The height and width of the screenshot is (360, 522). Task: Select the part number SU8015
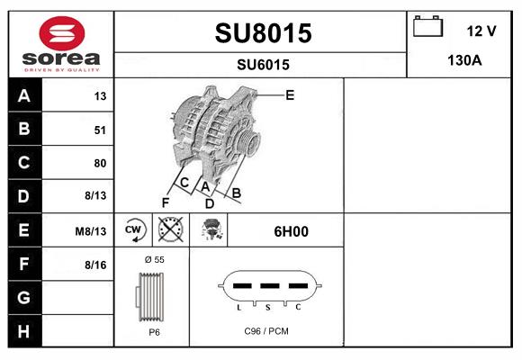[x=262, y=34]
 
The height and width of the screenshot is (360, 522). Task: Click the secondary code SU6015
[x=262, y=64]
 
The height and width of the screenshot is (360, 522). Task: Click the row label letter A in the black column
[x=23, y=96]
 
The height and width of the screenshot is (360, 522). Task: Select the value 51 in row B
[x=100, y=130]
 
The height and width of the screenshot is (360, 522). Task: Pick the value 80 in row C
[x=100, y=163]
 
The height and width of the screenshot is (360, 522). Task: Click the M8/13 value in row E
[x=92, y=231]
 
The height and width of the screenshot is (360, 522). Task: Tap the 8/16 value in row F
[x=95, y=265]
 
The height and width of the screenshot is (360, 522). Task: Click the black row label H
[x=23, y=331]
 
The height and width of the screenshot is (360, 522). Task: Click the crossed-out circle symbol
[x=171, y=230]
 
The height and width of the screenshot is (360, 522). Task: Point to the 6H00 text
[x=291, y=231]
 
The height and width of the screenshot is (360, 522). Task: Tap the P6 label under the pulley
[x=154, y=332]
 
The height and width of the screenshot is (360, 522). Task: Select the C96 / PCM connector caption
[x=267, y=331]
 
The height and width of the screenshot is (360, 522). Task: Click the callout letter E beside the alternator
[x=290, y=94]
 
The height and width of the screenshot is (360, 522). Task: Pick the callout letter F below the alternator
[x=166, y=202]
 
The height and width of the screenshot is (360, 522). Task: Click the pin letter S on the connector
[x=267, y=307]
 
